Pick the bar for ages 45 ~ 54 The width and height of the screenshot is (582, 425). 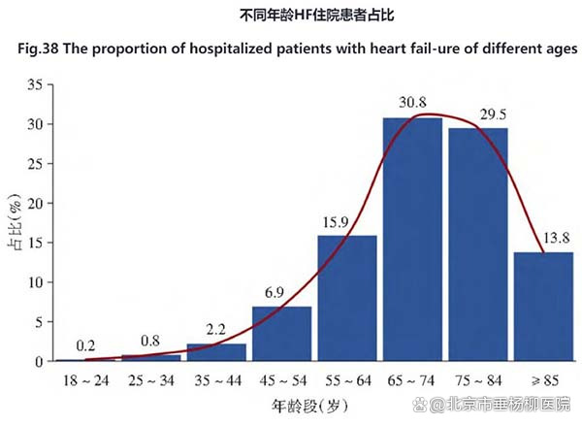pos(282,334)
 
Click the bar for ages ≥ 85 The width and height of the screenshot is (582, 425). pos(542,307)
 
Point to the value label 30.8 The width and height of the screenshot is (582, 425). pos(411,103)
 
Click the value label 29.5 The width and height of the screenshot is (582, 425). pos(477,113)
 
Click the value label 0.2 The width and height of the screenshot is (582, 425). pos(84,346)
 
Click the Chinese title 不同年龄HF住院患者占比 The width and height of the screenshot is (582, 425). pos(291,16)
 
